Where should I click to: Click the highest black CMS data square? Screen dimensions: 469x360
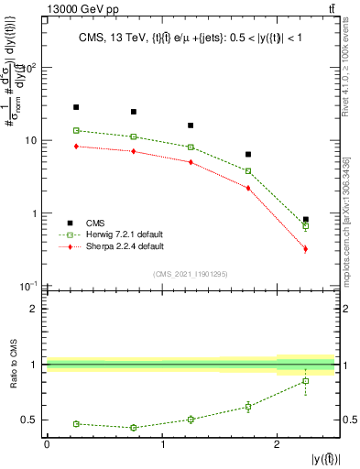click(x=76, y=107)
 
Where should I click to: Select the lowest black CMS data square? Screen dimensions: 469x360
click(x=305, y=220)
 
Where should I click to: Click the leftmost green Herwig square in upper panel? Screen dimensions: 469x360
click(x=76, y=131)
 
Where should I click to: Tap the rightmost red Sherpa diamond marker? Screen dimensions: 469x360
click(x=305, y=248)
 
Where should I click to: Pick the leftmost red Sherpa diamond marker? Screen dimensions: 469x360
click(x=76, y=147)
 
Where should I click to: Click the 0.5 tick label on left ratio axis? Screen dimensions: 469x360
click(x=31, y=420)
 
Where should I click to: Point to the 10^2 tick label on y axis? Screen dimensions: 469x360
click(x=29, y=68)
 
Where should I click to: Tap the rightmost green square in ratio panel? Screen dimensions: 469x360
click(x=305, y=381)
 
